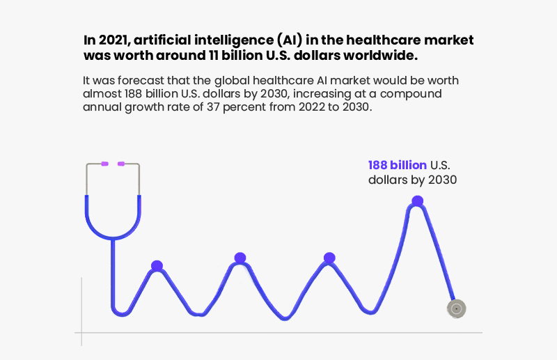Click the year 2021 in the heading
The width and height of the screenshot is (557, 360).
click(x=111, y=40)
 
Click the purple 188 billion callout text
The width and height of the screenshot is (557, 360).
click(x=398, y=165)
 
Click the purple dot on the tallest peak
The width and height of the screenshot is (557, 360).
click(x=417, y=201)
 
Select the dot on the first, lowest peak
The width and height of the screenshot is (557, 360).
click(x=157, y=266)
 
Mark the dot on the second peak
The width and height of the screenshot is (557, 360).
click(x=240, y=258)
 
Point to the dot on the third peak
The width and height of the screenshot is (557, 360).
click(x=329, y=258)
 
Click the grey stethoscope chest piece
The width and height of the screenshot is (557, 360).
click(x=455, y=308)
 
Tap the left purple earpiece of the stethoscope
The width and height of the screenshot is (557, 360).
click(x=104, y=164)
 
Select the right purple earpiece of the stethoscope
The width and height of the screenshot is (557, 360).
click(x=121, y=164)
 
